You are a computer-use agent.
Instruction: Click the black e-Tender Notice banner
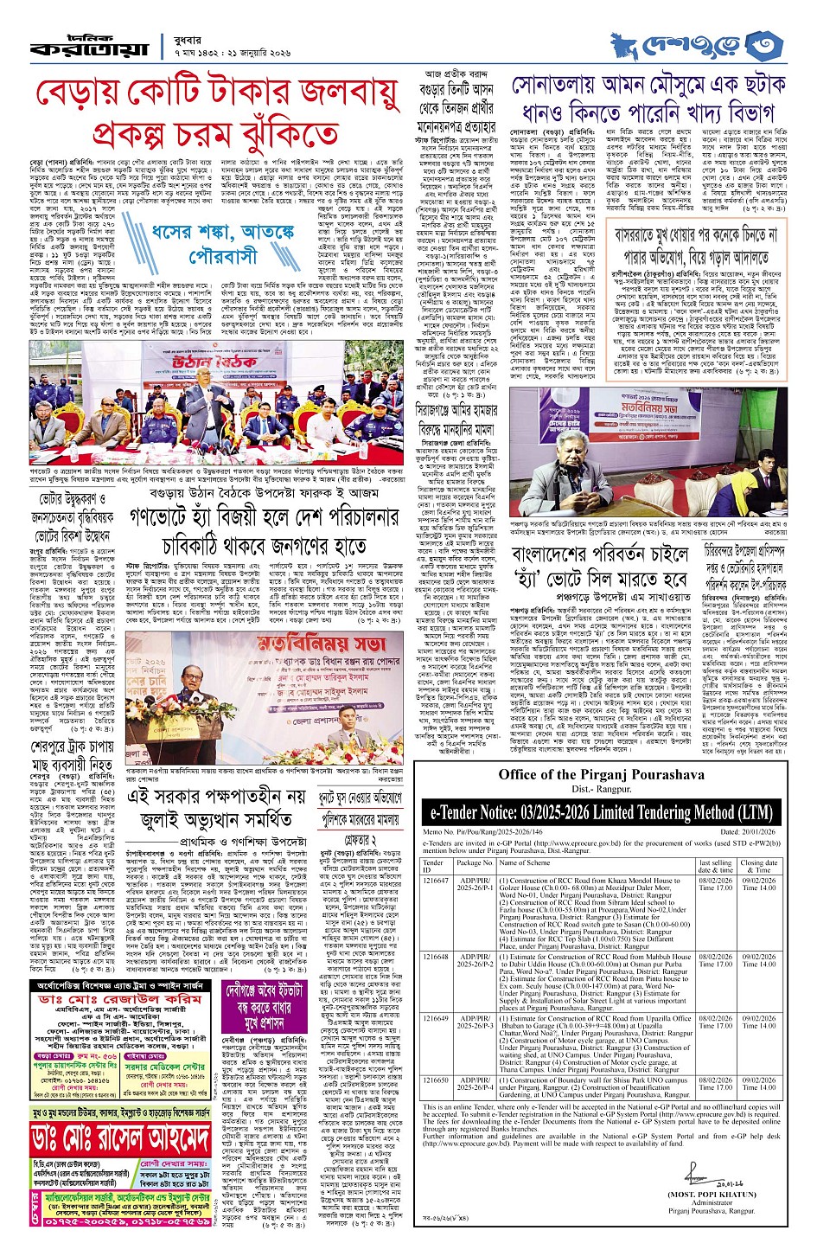[x=598, y=811]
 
